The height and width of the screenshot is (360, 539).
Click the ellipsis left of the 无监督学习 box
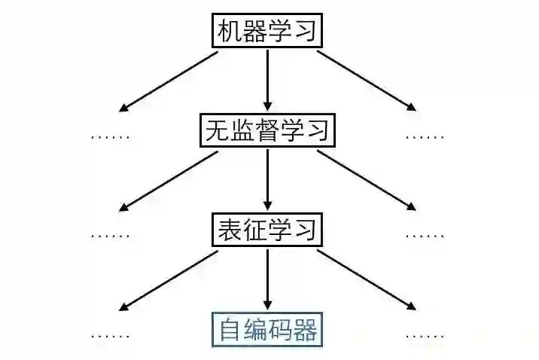(111, 137)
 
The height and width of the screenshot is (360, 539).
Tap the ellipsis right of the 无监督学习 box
(425, 137)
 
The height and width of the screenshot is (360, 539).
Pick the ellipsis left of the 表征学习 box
(111, 234)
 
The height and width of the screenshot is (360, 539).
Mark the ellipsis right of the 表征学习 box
(425, 234)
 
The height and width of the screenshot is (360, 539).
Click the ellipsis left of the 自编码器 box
(111, 334)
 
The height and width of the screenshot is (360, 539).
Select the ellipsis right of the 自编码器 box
(425, 334)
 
